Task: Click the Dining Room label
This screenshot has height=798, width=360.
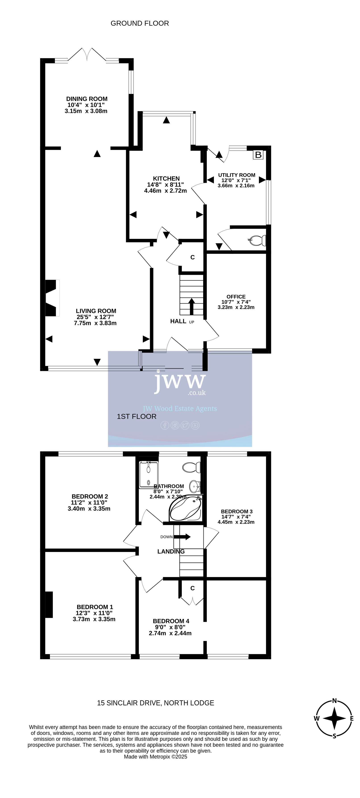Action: click(x=87, y=99)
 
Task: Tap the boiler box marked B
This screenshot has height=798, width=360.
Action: click(x=258, y=155)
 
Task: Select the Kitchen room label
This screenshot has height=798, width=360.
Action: click(x=166, y=178)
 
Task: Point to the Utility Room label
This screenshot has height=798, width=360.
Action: click(x=237, y=175)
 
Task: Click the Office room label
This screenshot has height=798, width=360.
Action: click(x=236, y=296)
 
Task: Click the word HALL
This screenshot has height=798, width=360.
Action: click(x=178, y=321)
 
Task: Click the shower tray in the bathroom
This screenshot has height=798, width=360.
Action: click(x=148, y=475)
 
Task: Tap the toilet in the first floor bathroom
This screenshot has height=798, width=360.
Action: click(x=191, y=467)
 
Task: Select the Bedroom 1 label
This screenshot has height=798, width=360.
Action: click(x=95, y=607)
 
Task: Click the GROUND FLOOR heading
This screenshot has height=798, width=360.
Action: click(x=140, y=23)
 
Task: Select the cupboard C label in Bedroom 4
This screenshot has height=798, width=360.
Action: click(x=192, y=588)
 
